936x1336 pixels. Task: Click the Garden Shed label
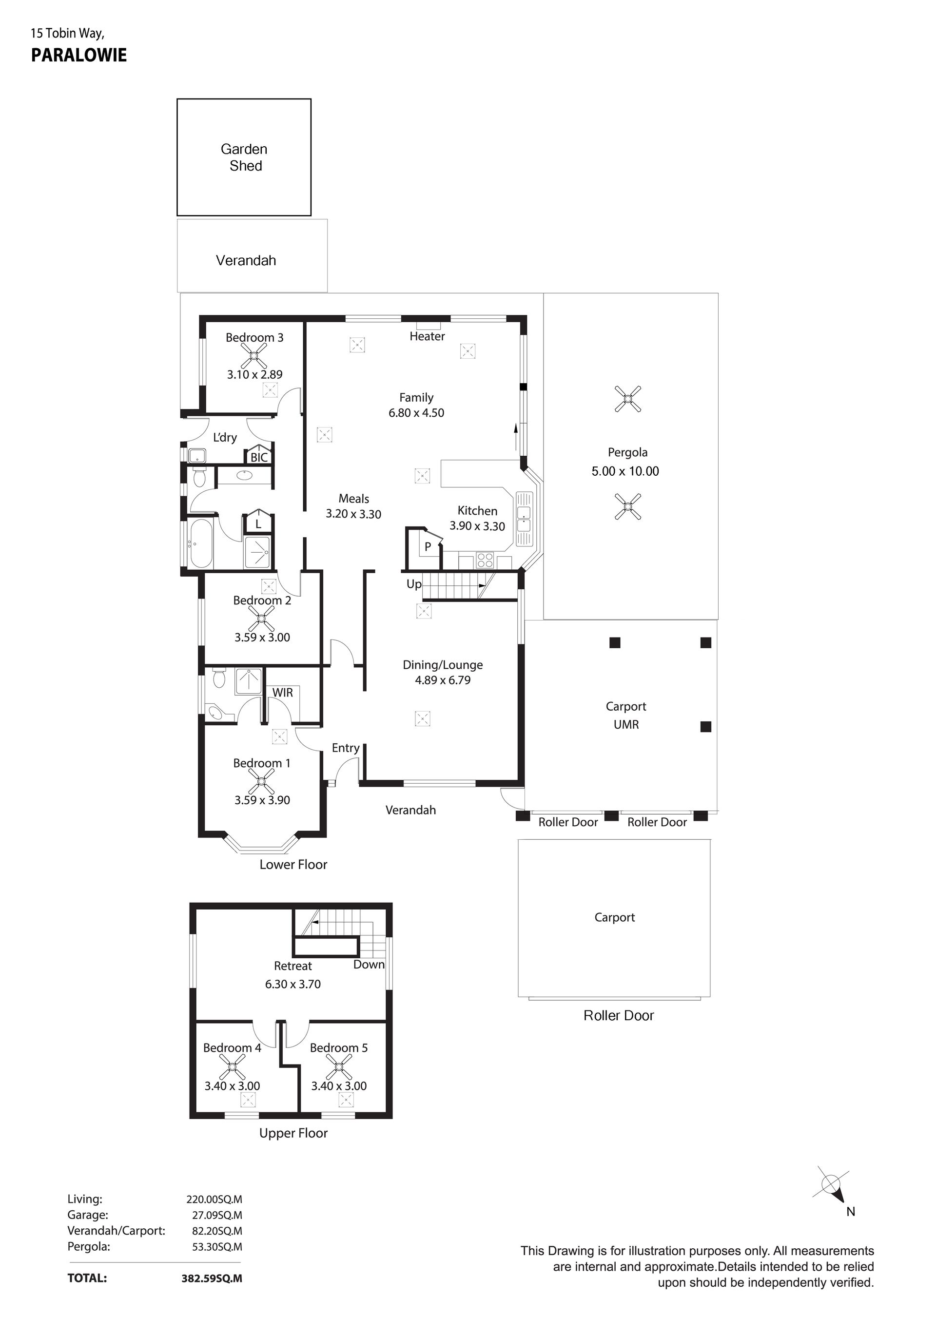click(x=244, y=158)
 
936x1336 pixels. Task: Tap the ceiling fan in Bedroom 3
click(x=254, y=355)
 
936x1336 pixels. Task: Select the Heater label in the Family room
click(x=427, y=336)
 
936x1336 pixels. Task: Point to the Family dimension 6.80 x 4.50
click(x=416, y=412)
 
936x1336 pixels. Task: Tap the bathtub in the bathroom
click(x=201, y=543)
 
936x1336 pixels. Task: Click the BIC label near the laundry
click(x=259, y=457)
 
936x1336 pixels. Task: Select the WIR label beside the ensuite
click(x=283, y=693)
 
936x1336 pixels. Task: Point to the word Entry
click(x=346, y=748)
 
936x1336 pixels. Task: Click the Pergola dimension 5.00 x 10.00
click(x=625, y=471)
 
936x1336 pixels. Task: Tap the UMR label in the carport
click(x=626, y=724)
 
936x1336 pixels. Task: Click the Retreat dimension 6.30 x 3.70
click(x=293, y=984)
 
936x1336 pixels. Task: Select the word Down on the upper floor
click(x=369, y=964)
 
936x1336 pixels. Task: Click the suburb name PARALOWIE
click(x=78, y=55)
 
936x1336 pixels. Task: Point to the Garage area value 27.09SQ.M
click(x=217, y=1215)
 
